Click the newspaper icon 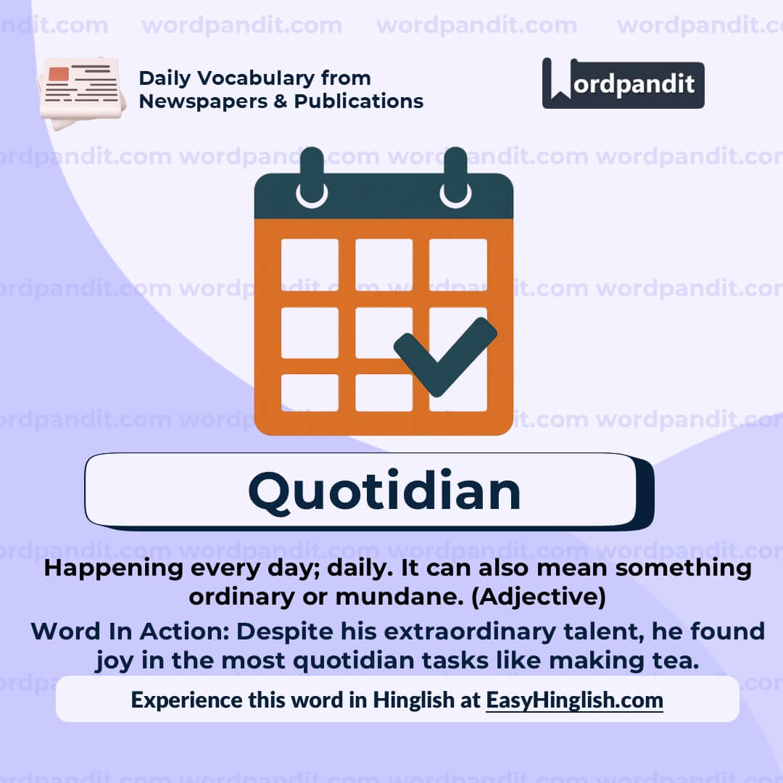point(81,91)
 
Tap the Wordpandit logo point(623,83)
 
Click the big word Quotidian point(384,491)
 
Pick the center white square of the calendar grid point(384,333)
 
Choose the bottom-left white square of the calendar point(310,392)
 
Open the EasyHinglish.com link point(574,700)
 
